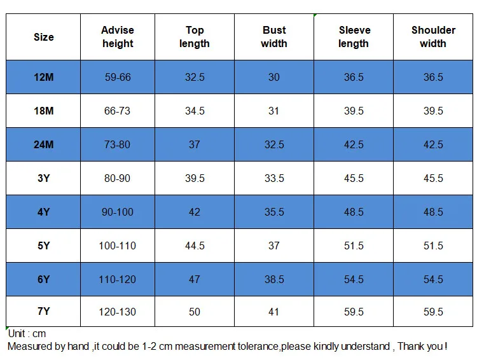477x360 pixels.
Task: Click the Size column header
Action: click(x=43, y=37)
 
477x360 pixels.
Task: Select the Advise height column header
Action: click(x=118, y=37)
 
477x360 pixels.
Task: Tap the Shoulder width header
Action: click(x=433, y=37)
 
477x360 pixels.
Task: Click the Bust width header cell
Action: click(x=274, y=37)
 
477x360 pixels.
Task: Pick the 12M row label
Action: click(x=43, y=77)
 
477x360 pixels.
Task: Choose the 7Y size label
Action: click(x=43, y=311)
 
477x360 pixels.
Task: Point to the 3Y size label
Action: click(x=43, y=178)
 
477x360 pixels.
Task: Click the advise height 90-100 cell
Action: click(x=118, y=212)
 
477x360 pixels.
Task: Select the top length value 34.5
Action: click(x=195, y=111)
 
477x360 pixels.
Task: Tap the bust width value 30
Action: click(x=273, y=77)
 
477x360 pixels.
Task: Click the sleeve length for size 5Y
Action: click(x=354, y=246)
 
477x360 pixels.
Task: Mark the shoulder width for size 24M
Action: click(x=433, y=144)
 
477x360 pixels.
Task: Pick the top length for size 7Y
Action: click(x=195, y=312)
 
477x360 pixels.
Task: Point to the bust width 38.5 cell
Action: click(x=274, y=279)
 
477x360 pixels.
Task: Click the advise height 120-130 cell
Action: click(x=118, y=312)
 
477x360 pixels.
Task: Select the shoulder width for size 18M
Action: click(x=433, y=111)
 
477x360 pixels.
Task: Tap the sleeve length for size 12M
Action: click(x=354, y=77)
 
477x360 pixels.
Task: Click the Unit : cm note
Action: click(x=27, y=333)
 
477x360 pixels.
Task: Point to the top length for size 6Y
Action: click(x=195, y=279)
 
